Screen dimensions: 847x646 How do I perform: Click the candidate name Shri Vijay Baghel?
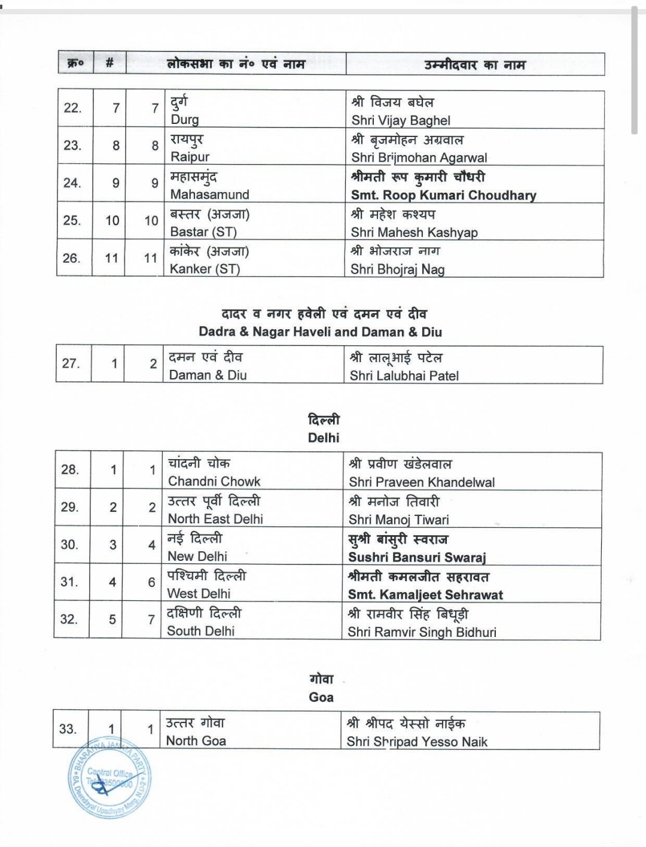[x=401, y=120]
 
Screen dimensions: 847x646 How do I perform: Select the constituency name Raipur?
[x=190, y=157]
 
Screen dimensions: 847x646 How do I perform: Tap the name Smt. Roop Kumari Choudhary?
[x=443, y=195]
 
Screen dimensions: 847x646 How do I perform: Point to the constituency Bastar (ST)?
[x=203, y=232]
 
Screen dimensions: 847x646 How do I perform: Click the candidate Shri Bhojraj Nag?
[x=397, y=269]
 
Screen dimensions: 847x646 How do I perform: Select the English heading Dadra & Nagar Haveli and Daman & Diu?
[x=321, y=332]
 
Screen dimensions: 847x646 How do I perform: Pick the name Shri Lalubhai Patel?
[x=404, y=376]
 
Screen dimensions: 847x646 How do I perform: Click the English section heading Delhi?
[x=323, y=438]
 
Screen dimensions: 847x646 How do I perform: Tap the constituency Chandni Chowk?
[x=214, y=481]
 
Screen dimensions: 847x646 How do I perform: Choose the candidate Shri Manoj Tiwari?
[x=398, y=520]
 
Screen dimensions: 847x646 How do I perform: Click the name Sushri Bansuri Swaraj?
[x=417, y=557]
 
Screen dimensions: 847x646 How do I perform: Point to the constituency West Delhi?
[x=199, y=594]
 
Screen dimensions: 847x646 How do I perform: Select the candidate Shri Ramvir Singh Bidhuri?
[x=422, y=632]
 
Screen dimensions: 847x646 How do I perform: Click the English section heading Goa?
[x=321, y=697]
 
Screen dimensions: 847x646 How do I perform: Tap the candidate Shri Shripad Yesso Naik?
[x=417, y=742]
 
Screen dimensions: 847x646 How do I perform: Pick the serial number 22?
[x=72, y=108]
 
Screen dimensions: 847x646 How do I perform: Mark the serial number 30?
[x=69, y=545]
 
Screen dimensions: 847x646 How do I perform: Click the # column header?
[x=109, y=63]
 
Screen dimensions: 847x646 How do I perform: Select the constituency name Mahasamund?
[x=209, y=195]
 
